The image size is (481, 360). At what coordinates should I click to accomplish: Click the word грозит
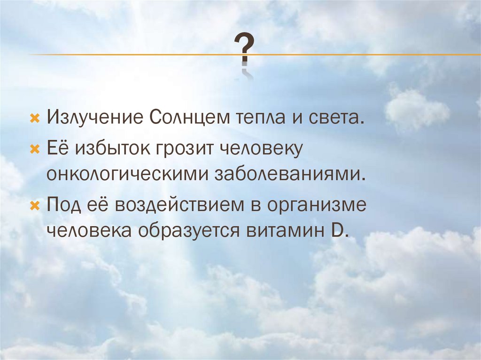tap(183, 149)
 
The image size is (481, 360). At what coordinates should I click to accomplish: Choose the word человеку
tap(259, 149)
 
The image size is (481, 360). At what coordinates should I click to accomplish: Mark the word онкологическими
tap(127, 175)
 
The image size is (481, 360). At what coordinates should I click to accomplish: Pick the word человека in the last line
tap(88, 231)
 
